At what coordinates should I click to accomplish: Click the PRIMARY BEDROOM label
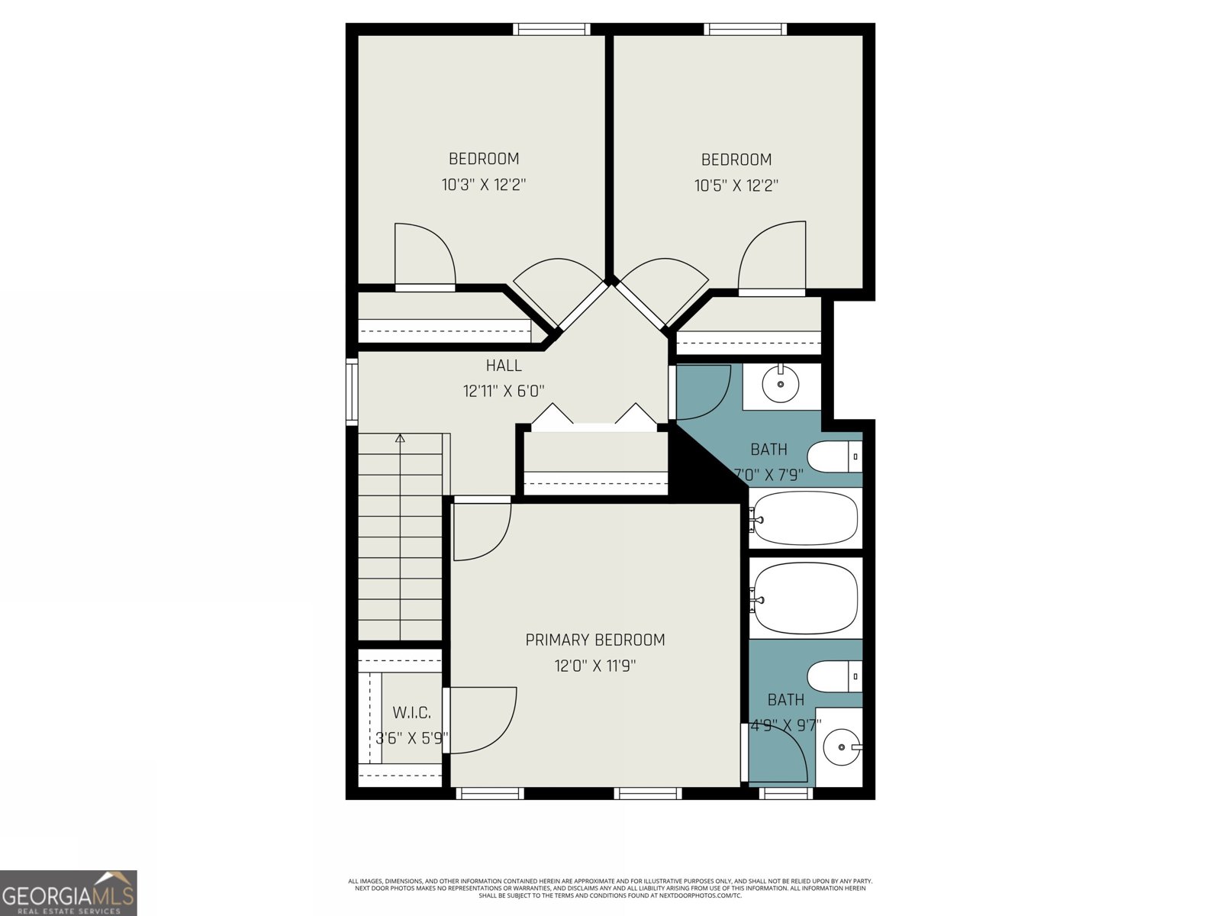(594, 640)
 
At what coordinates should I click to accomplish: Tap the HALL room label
(504, 366)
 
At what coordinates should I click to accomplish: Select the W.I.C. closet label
(411, 713)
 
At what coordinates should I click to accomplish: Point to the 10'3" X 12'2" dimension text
(484, 185)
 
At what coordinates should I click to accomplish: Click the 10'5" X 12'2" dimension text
(736, 185)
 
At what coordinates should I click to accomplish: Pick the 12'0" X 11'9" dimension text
(594, 666)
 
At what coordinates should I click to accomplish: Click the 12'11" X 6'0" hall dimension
(504, 392)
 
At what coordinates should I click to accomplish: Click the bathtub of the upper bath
(804, 518)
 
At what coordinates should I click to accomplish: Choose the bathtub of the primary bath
(804, 598)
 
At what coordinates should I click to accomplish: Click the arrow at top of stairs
(399, 438)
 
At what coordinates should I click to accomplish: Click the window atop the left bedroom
(552, 29)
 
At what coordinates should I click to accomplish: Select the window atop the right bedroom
(745, 29)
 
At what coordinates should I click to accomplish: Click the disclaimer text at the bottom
(610, 888)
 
